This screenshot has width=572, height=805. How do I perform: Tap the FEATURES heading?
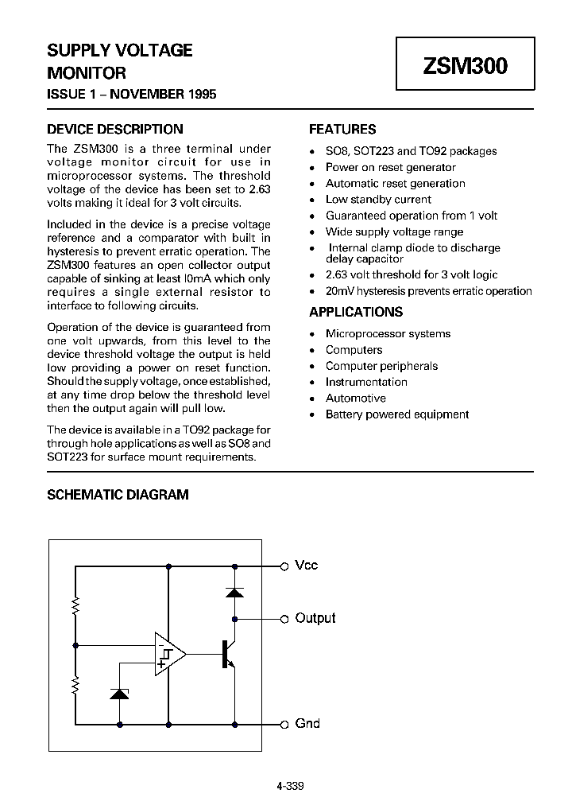(x=342, y=129)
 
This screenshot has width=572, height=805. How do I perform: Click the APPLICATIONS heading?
(x=356, y=312)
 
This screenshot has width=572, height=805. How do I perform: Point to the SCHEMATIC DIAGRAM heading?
(x=118, y=494)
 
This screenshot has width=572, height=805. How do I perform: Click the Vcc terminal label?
(x=306, y=566)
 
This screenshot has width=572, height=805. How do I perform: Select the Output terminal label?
(x=315, y=618)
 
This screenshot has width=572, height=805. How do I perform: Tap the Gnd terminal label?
(x=307, y=723)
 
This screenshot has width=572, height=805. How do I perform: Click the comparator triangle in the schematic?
(x=168, y=654)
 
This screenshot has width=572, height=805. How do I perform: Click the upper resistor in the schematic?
(x=75, y=608)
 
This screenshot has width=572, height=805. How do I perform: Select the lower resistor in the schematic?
(x=75, y=686)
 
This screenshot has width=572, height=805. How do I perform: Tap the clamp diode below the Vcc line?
(x=234, y=592)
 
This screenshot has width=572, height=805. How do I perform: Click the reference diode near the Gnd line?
(x=119, y=694)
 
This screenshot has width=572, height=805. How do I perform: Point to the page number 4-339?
(x=290, y=786)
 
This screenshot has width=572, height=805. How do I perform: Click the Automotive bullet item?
(x=355, y=398)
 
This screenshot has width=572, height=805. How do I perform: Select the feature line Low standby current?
(x=378, y=199)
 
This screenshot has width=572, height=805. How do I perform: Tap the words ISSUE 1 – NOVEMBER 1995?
(x=132, y=94)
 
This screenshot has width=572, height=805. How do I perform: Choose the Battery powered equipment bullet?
(x=397, y=414)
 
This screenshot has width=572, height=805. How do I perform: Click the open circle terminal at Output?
(x=284, y=618)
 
